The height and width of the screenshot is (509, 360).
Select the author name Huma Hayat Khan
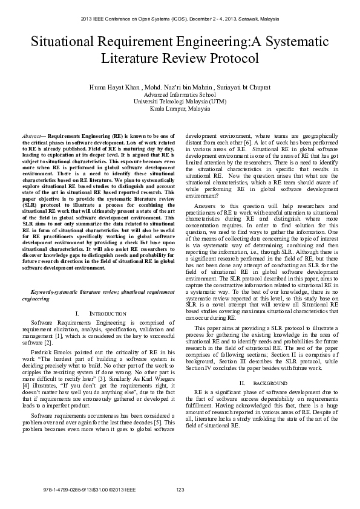pos(114,88)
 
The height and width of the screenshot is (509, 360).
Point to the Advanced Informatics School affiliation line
pos(180,95)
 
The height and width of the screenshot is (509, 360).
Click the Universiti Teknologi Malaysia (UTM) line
pos(180,102)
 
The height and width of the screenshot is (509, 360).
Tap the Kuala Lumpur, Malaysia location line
pos(180,109)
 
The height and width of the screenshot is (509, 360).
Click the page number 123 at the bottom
pos(180,489)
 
